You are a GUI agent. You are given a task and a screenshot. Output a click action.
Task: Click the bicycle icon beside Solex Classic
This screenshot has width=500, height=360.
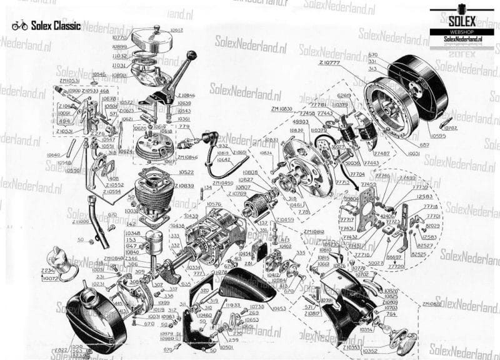click(19, 26)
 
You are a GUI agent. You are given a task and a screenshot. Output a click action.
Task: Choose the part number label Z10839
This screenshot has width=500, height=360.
click(186, 186)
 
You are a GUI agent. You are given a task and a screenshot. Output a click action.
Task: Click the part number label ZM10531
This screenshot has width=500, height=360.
click(68, 81)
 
